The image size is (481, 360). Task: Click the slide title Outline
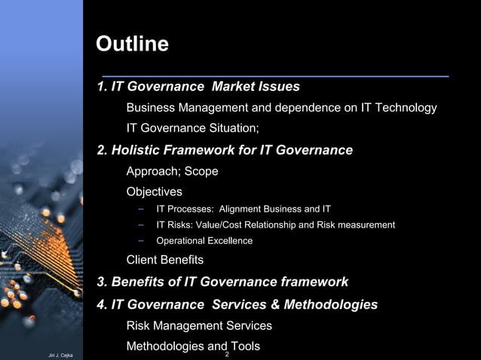(x=132, y=44)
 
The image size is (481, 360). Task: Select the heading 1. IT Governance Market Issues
(x=198, y=87)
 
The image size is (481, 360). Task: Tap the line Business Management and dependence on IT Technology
(x=281, y=108)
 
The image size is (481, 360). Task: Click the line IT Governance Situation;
(x=192, y=129)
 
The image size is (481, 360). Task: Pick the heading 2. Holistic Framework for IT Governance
(x=225, y=150)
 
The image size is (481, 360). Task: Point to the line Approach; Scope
(x=172, y=171)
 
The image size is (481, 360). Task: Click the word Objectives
(x=154, y=192)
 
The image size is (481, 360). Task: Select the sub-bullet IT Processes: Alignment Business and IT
(x=243, y=209)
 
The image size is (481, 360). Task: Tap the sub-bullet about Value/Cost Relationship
(x=275, y=224)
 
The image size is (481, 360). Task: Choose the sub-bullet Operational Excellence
(x=204, y=241)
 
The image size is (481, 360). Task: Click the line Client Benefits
(x=164, y=260)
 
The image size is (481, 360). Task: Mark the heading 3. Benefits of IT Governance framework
(x=222, y=282)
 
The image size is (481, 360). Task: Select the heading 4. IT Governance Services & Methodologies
(x=237, y=305)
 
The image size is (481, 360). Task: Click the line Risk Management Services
(x=199, y=326)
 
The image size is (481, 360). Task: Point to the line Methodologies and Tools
(x=193, y=346)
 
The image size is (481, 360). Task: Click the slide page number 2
(x=227, y=354)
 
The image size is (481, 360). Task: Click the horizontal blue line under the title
(x=275, y=76)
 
